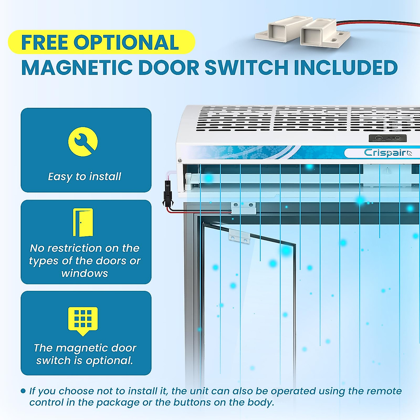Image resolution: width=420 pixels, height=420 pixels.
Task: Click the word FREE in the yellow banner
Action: click(x=44, y=42)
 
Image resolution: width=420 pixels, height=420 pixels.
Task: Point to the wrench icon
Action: click(x=83, y=142)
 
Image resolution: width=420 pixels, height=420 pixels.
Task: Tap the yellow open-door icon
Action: click(x=83, y=223)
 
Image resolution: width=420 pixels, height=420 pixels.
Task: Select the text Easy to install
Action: click(x=85, y=176)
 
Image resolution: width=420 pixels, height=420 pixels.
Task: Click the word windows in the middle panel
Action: click(x=85, y=273)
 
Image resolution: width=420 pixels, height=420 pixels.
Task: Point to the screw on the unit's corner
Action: click(x=180, y=160)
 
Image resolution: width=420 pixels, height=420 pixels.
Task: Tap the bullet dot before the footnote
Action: click(x=23, y=391)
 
